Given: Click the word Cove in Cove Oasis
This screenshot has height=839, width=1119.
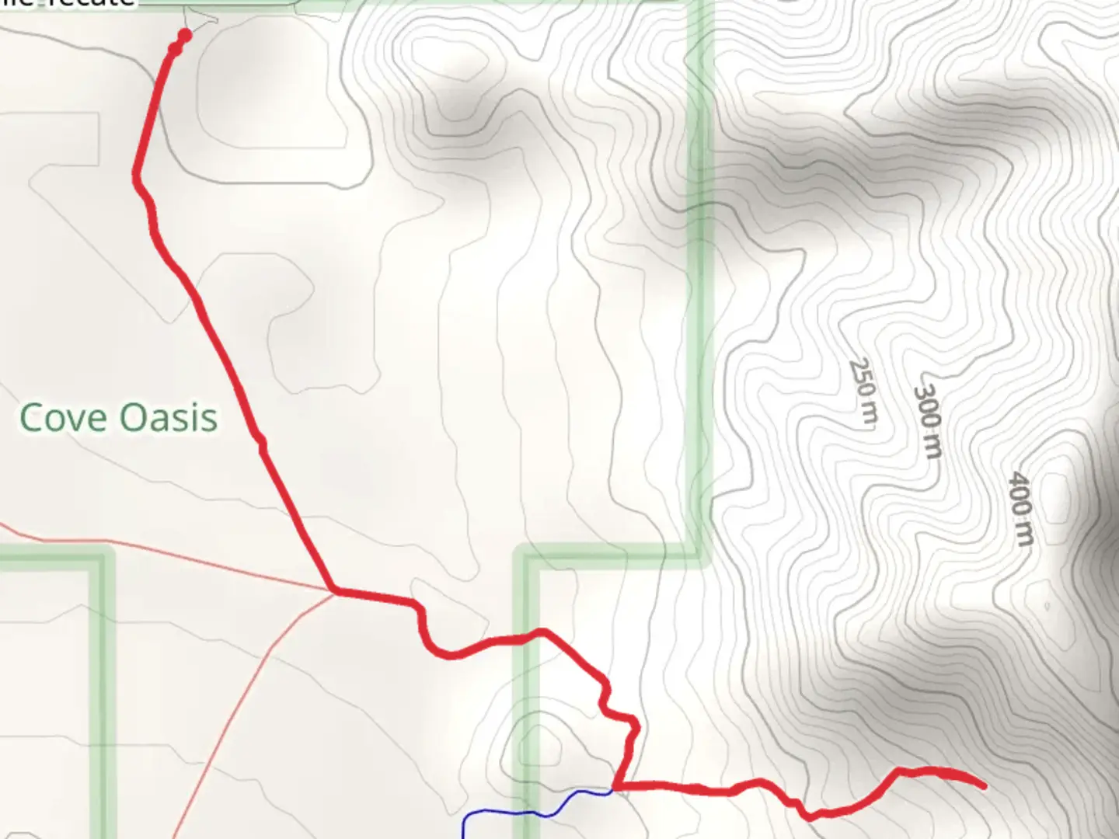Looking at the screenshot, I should (63, 418).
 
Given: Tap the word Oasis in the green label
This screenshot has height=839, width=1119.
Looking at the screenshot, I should (169, 418).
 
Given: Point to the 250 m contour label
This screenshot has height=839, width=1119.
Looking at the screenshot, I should (863, 391).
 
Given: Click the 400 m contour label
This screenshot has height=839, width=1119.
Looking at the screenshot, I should (1021, 509).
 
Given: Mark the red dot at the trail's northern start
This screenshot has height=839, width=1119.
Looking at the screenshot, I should (184, 35).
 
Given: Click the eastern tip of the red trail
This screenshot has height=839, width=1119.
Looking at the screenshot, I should (984, 786).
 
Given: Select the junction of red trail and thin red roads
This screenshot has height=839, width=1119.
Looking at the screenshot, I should (335, 591).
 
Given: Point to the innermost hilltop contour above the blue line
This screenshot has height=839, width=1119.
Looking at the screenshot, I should (542, 746).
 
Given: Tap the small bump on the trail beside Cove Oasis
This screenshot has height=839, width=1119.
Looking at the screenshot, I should (263, 444).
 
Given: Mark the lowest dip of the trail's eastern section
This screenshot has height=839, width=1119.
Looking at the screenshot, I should (809, 816).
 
